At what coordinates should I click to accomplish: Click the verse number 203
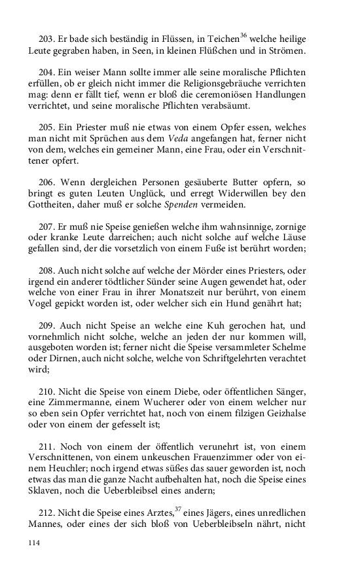47,39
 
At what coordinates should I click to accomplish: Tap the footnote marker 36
243,35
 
